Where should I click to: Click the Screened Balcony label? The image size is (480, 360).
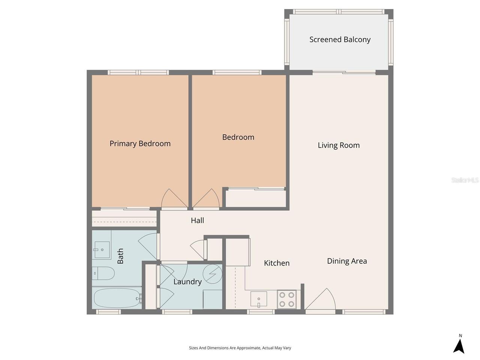click(340, 39)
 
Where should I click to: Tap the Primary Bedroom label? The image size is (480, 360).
click(140, 144)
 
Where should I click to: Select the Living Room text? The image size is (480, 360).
click(339, 145)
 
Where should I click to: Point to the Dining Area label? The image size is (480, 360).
click(347, 261)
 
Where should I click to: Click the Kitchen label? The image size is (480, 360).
click(277, 263)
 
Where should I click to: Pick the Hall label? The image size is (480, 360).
click(197, 220)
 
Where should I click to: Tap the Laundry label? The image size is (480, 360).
click(187, 282)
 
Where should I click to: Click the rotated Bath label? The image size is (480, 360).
click(120, 256)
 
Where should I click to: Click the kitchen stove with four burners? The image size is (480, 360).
click(287, 299)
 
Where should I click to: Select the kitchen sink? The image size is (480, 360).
click(259, 299)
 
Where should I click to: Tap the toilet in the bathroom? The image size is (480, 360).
click(103, 273)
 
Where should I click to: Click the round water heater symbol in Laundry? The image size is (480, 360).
click(212, 274)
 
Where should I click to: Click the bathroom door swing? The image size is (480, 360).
click(149, 246)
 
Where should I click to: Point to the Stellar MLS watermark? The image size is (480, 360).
click(465, 180)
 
